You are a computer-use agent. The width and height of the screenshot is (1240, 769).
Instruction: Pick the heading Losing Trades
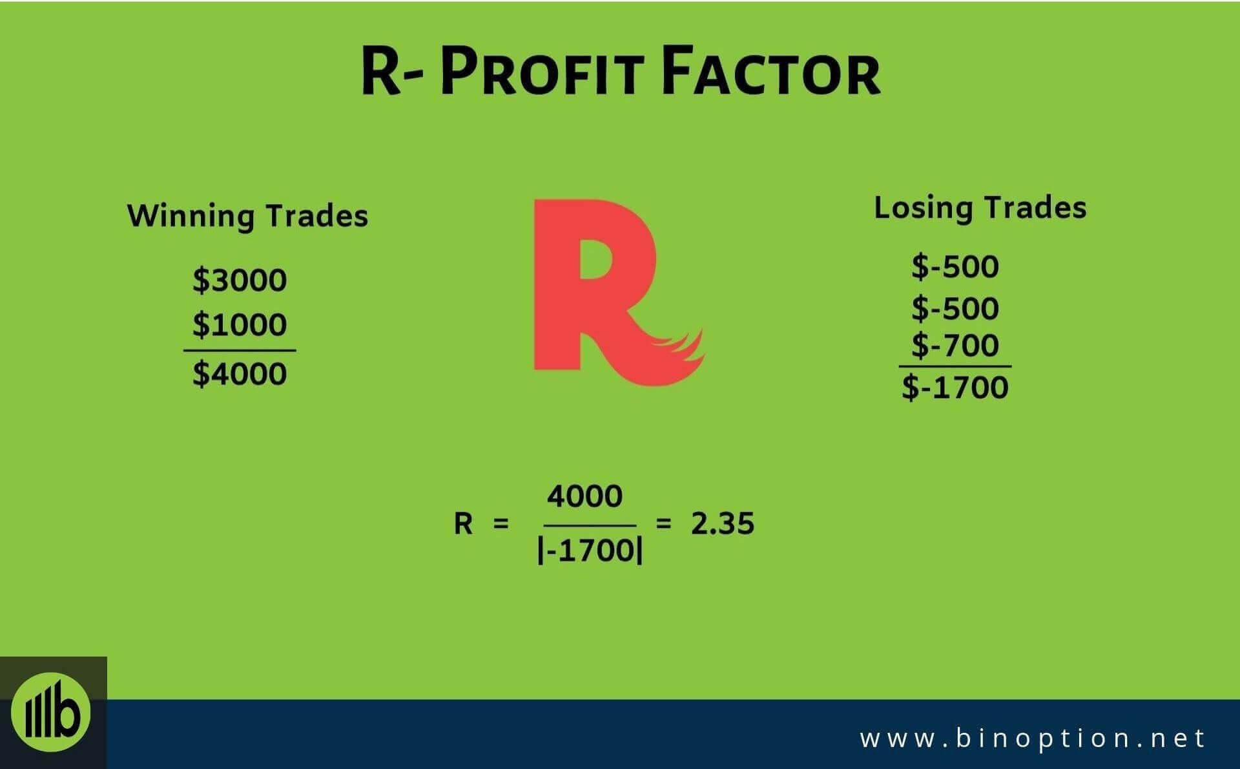point(980,208)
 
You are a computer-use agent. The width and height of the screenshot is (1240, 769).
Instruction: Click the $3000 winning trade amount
point(240,280)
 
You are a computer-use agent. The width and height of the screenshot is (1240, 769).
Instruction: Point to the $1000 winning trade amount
point(240,324)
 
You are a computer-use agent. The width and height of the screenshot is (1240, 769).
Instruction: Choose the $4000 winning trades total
point(240,374)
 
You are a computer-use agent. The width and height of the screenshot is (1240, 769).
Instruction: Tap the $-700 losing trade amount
point(955,345)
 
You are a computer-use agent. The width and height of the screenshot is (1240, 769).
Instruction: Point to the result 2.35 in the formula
point(722,523)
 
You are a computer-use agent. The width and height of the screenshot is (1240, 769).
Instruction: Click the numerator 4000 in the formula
point(585,496)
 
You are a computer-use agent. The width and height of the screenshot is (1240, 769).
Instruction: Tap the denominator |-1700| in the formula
point(590,551)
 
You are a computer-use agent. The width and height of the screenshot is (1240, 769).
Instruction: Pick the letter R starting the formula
point(463,524)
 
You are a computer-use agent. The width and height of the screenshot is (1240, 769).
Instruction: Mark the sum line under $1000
point(240,351)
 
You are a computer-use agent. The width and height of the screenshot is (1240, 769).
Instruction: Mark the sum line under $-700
point(955,366)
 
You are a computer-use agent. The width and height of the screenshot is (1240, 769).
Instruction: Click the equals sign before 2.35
point(663,523)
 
